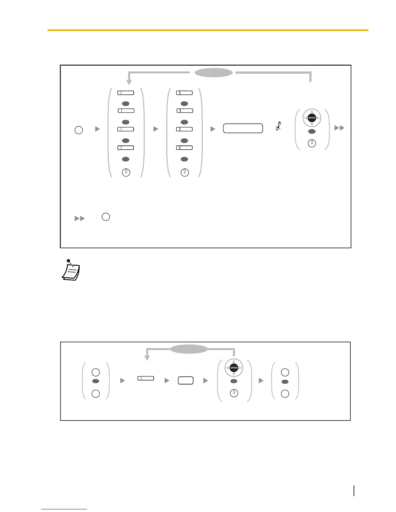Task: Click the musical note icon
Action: [x=278, y=126]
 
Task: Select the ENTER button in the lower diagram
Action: [x=234, y=368]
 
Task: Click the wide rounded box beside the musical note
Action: [x=243, y=128]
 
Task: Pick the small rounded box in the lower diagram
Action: [x=186, y=380]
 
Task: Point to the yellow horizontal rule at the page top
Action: [x=208, y=30]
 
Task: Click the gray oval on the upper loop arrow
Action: [x=214, y=73]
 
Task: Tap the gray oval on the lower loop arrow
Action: [x=189, y=349]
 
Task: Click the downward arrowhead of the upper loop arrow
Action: [x=129, y=82]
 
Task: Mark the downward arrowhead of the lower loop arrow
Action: [x=147, y=358]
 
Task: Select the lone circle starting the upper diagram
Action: [x=79, y=130]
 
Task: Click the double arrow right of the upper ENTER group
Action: [x=339, y=128]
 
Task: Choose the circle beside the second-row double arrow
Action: [x=106, y=217]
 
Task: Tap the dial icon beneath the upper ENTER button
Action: [x=312, y=143]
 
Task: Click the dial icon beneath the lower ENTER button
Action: [x=234, y=393]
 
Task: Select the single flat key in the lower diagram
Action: [x=146, y=378]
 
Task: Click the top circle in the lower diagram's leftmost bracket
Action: [x=95, y=372]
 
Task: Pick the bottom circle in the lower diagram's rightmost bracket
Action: [x=285, y=394]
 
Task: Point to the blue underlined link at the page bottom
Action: [x=64, y=509]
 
